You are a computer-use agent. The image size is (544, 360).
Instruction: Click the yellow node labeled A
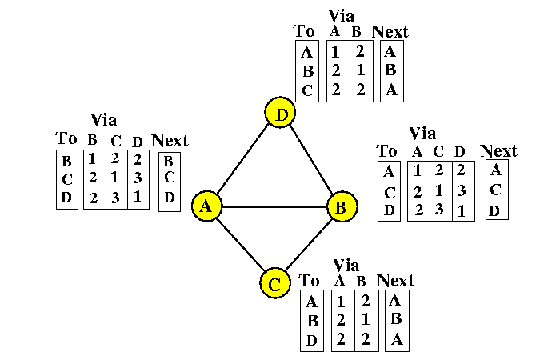(206, 206)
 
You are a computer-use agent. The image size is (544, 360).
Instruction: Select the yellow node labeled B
(341, 207)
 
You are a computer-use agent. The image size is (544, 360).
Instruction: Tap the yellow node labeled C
(274, 282)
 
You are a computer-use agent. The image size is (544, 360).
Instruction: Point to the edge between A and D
(243, 160)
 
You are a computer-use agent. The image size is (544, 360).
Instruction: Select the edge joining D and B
(311, 160)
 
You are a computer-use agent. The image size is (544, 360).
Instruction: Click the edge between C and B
(307, 245)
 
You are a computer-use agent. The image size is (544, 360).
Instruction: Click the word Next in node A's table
(170, 141)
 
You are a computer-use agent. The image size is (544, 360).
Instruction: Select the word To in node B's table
(387, 150)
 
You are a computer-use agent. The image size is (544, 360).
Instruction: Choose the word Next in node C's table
(395, 280)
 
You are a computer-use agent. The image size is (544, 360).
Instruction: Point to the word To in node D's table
(305, 31)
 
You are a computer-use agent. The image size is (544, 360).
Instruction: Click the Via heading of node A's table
(104, 120)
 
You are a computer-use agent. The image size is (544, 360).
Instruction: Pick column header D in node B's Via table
(458, 150)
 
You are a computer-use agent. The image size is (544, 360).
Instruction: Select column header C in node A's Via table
(116, 141)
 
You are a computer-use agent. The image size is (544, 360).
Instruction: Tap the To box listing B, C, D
(66, 179)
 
